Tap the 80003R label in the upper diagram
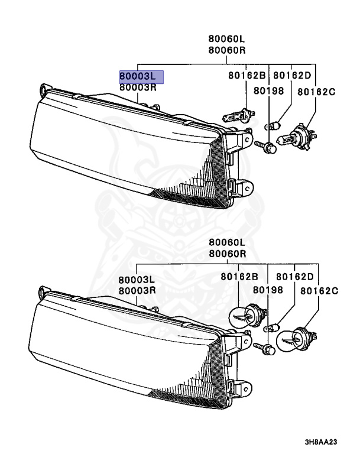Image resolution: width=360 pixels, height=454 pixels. point(137,87)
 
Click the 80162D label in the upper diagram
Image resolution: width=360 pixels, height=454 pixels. point(292,76)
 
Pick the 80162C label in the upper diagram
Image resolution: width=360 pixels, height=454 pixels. point(316,92)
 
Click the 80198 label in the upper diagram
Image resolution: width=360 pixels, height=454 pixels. point(269,91)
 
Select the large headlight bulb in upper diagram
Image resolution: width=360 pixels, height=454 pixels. point(297,138)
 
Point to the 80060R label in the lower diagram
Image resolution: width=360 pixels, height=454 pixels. point(226,254)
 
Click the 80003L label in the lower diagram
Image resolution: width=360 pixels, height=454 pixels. point(137,280)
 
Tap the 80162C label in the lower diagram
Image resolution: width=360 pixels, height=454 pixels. point(319,291)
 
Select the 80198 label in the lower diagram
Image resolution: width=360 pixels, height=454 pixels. point(268,290)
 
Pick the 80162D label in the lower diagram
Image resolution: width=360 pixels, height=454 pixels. point(294,276)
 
